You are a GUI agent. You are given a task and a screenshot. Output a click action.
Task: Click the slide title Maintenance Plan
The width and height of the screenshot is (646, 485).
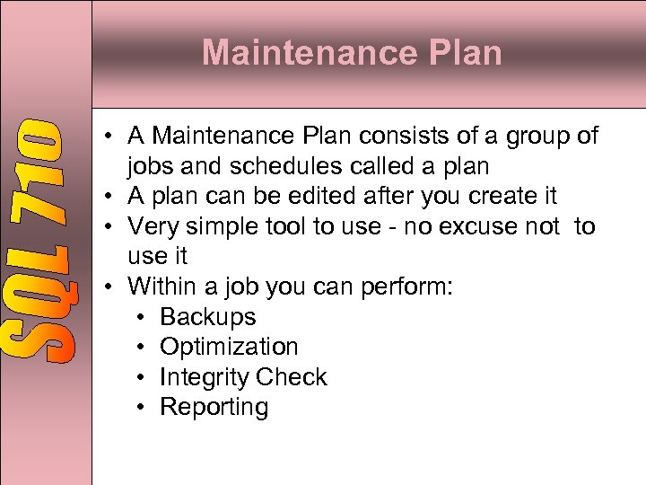352,53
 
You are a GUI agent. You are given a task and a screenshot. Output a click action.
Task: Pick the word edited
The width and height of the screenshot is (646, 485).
343,196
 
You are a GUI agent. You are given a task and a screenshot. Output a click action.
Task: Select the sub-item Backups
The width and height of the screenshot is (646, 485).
207,317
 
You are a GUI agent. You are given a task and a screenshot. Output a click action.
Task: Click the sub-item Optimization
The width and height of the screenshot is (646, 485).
229,348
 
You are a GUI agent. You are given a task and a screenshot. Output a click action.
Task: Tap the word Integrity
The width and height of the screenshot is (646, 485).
204,377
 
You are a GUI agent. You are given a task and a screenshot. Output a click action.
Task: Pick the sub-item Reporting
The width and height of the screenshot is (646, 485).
214,408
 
